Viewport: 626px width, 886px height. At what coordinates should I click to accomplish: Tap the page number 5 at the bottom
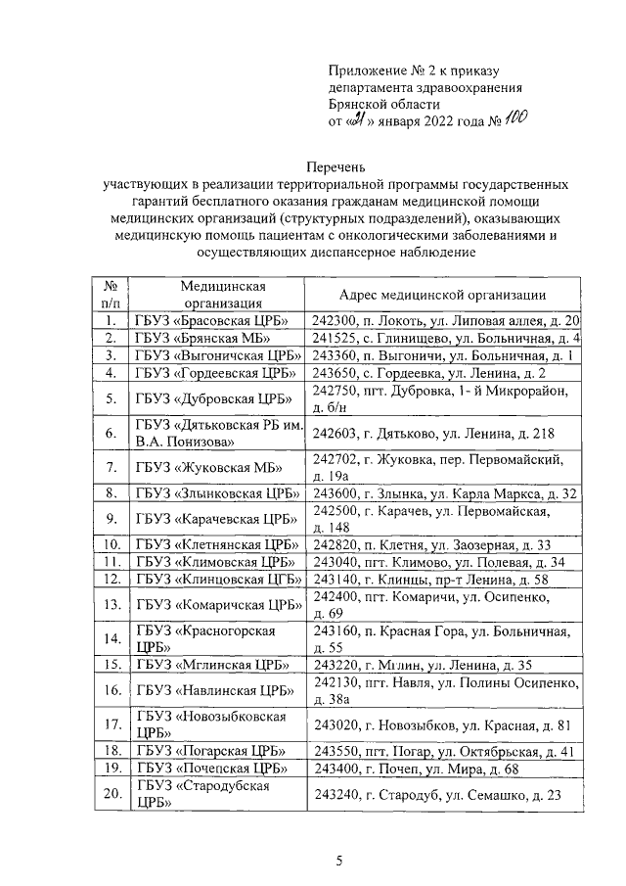point(338,862)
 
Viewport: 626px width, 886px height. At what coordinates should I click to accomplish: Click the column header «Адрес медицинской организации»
point(441,295)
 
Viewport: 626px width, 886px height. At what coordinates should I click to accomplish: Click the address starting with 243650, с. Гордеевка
point(428,373)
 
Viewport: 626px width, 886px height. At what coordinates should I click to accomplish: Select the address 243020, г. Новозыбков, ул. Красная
point(436,725)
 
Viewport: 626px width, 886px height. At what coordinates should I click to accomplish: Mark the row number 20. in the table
point(112,794)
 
